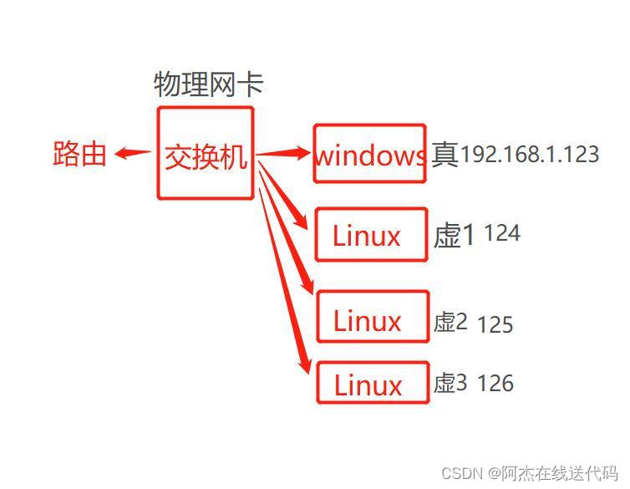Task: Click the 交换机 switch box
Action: (205, 153)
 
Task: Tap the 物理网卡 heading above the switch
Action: (208, 84)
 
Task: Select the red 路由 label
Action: (79, 154)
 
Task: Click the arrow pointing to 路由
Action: (131, 153)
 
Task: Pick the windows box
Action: (370, 154)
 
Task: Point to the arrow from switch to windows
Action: (283, 153)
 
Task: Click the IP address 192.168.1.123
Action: (530, 155)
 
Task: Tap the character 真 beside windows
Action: (445, 155)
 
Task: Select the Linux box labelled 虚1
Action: (371, 235)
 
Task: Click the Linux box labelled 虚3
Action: (372, 383)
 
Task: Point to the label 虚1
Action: (454, 236)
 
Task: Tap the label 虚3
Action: (450, 384)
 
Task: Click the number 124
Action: (502, 233)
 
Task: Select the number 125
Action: (495, 324)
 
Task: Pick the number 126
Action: (495, 384)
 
